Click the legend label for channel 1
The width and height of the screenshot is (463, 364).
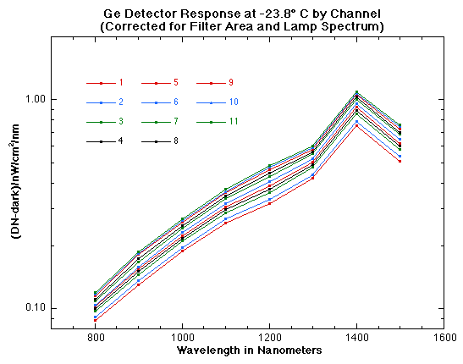(x=121, y=83)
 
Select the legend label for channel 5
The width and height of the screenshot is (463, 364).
(x=175, y=83)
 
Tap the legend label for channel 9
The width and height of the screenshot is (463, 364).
(x=230, y=83)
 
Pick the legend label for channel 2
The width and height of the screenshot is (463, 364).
(x=121, y=102)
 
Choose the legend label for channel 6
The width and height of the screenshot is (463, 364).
(x=175, y=102)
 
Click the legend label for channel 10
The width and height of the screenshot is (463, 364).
(x=233, y=102)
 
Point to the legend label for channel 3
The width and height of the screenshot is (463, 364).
(x=121, y=121)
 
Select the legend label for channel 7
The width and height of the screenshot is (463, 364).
(x=175, y=121)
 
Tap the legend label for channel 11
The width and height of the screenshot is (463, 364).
(x=233, y=121)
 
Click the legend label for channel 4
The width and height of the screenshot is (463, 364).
(x=121, y=141)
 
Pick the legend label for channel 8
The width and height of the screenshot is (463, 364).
(x=175, y=141)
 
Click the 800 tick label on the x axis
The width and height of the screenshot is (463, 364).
(x=96, y=338)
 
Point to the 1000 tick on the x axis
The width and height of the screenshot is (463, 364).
(x=182, y=338)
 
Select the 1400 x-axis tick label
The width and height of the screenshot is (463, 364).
(x=356, y=338)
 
